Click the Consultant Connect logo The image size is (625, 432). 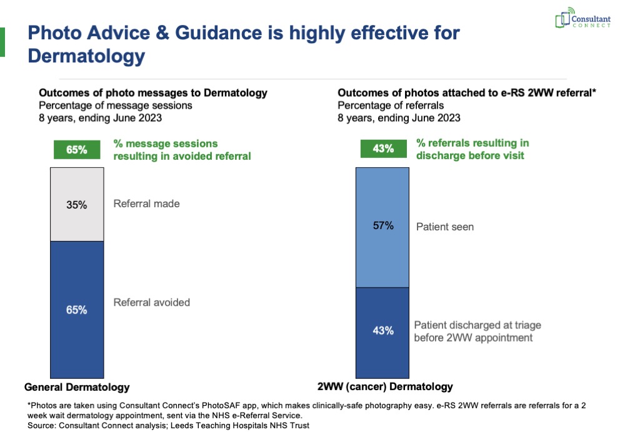(582, 17)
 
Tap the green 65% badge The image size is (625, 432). (77, 150)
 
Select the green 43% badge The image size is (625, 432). (384, 149)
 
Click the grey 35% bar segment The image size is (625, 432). (77, 204)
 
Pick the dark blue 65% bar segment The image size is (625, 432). (77, 310)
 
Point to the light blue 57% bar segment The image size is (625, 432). (382, 227)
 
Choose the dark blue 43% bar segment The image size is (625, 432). (382, 333)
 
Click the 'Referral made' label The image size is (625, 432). (146, 204)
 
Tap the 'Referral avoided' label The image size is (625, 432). (151, 302)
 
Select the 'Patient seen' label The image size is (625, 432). (445, 227)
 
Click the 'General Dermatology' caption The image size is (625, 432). (77, 387)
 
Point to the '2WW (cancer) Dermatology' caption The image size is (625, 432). (385, 386)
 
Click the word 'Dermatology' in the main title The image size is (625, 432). (86, 56)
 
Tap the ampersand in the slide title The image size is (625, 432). (162, 32)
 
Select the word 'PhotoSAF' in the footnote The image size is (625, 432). (220, 405)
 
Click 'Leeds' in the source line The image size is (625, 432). (181, 425)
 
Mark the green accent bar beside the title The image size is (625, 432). (2, 42)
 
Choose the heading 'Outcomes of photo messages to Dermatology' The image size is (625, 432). (153, 93)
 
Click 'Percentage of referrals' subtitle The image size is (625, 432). (391, 105)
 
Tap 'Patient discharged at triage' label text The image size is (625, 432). (477, 325)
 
